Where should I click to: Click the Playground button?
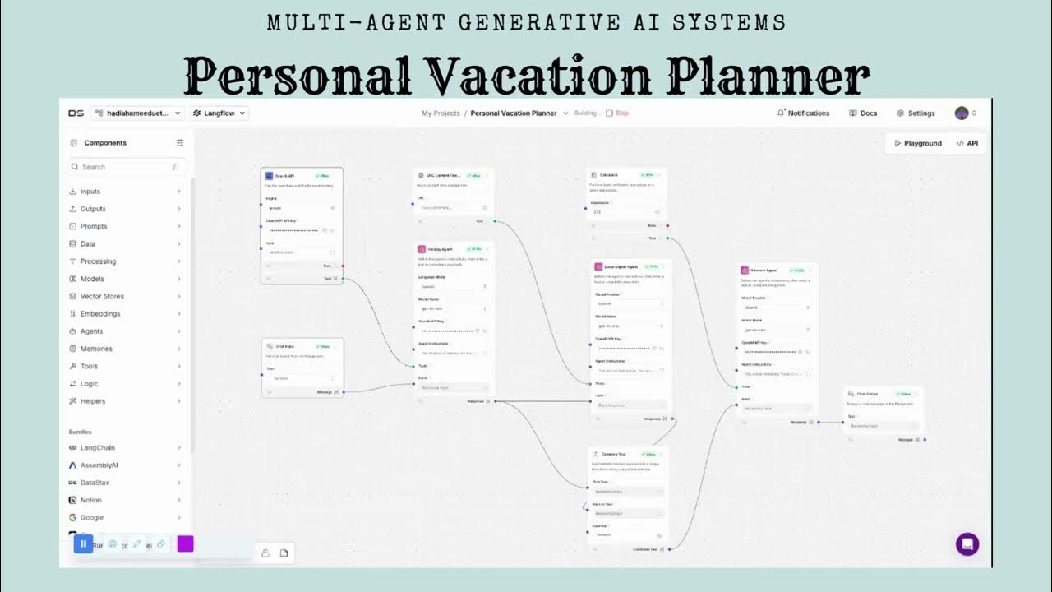[918, 143]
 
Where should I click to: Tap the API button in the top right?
[967, 143]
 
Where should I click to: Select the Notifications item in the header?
[803, 113]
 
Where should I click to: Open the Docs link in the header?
[863, 113]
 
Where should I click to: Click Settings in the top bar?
[916, 113]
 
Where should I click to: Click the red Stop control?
[617, 113]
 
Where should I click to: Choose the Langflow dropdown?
[219, 113]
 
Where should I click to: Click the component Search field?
[127, 167]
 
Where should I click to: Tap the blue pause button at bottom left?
[83, 543]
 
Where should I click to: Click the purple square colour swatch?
[185, 543]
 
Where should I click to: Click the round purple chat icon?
[967, 544]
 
